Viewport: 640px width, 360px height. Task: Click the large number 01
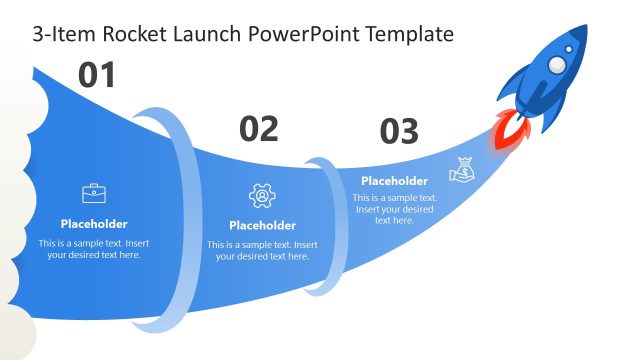click(97, 75)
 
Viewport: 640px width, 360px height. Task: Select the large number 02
click(258, 128)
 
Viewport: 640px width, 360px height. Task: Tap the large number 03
click(399, 131)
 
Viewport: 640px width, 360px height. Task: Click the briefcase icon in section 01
click(95, 193)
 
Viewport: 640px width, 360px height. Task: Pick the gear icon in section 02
click(262, 195)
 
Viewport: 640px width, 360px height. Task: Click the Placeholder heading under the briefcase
click(94, 224)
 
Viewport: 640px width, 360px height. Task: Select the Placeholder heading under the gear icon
click(262, 225)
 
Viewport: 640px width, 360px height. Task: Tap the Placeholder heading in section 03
click(394, 181)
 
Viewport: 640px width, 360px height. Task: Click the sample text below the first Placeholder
click(94, 249)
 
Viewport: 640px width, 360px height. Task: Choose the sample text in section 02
click(262, 250)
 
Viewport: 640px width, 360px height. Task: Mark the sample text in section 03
click(394, 208)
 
